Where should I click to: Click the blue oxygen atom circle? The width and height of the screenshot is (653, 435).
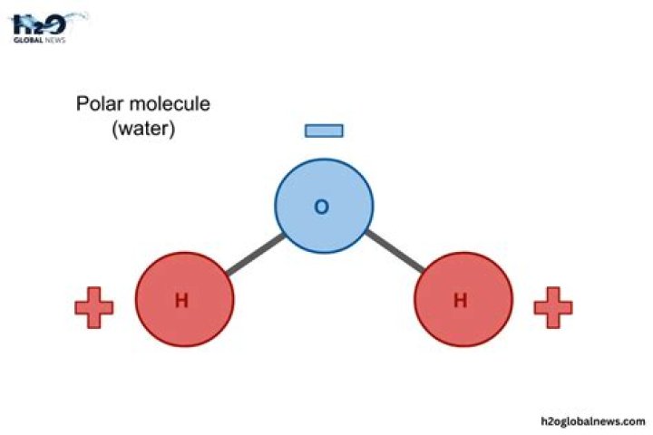325,206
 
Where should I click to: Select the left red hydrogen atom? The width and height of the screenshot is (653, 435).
185,300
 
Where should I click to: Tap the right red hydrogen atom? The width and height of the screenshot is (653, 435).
463,300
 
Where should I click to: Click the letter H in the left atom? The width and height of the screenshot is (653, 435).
181,301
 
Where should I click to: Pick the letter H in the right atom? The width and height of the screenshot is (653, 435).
460,301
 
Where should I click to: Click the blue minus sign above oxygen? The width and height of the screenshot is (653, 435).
324,130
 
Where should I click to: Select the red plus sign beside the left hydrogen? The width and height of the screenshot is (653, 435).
93,308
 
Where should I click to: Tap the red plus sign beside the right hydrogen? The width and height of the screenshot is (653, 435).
553,308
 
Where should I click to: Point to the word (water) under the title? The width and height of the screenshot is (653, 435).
142,129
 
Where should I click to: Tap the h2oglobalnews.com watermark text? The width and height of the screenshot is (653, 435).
590,420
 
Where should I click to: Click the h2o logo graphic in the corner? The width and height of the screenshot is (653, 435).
38,24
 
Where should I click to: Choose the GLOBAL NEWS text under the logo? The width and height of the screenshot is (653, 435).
38,40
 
